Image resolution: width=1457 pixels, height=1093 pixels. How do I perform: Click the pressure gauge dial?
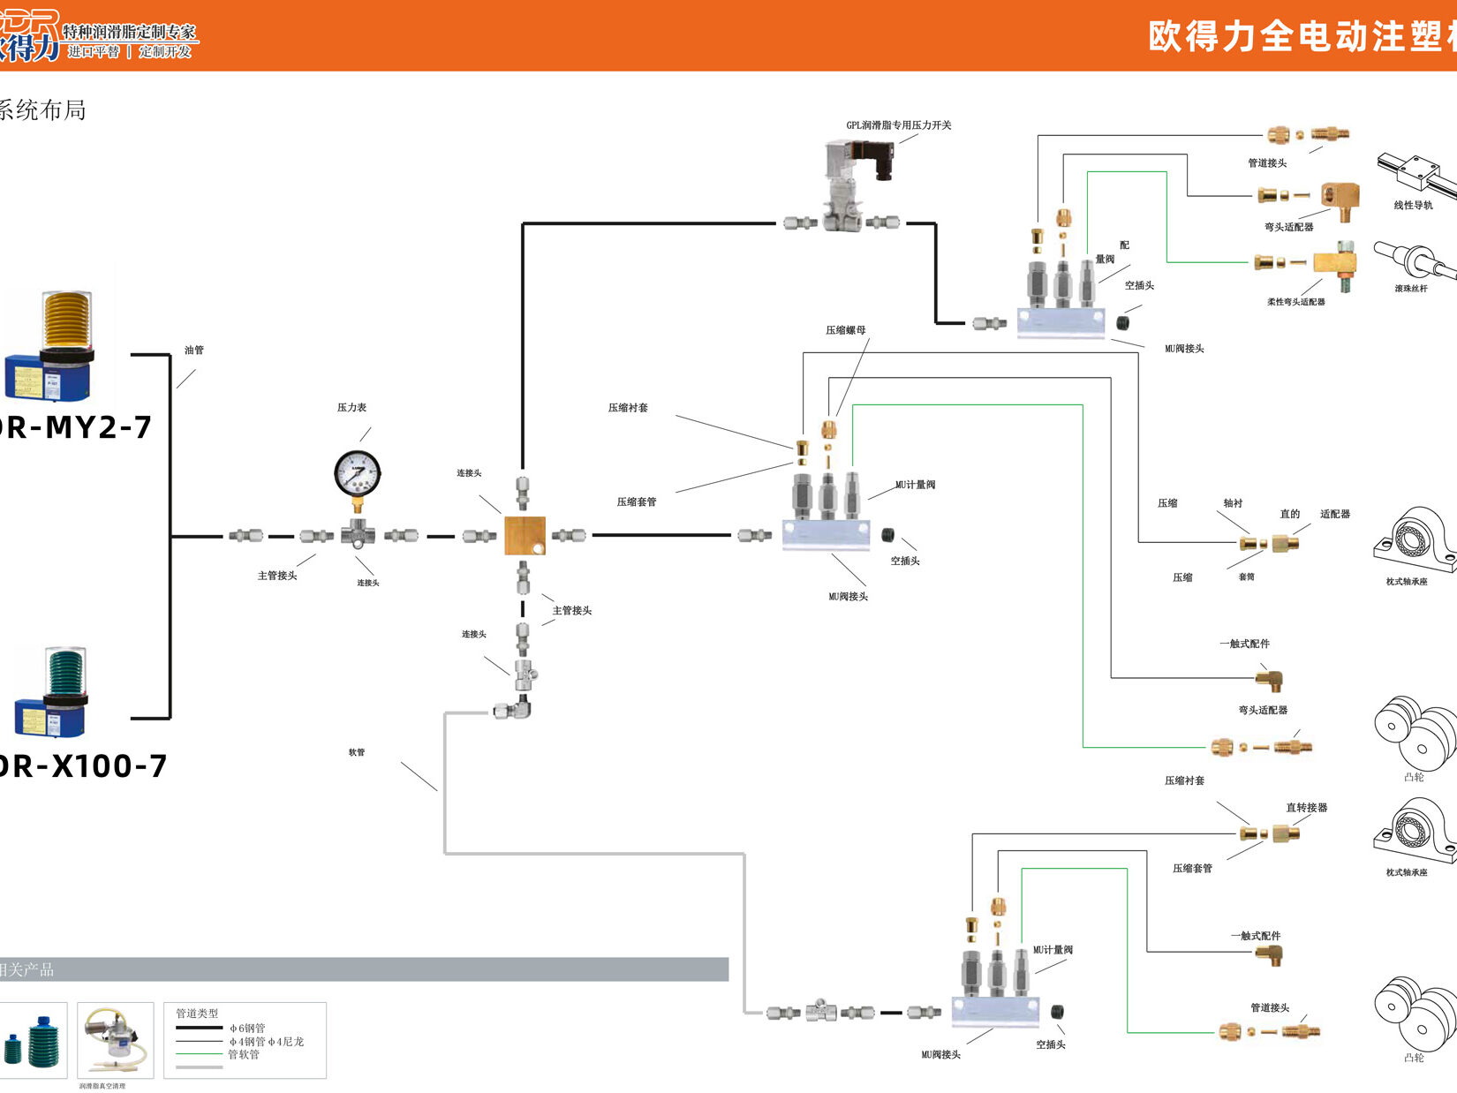(x=358, y=474)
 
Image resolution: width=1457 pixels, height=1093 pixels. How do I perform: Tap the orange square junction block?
(x=525, y=536)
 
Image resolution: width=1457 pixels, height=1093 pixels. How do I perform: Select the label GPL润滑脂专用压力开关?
(x=898, y=125)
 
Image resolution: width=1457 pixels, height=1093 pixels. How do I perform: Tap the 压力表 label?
(x=351, y=408)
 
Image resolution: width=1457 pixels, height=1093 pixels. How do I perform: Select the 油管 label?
(x=194, y=351)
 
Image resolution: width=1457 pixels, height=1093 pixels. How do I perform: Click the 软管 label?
(x=356, y=752)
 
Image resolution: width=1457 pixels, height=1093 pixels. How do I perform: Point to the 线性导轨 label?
(x=1413, y=206)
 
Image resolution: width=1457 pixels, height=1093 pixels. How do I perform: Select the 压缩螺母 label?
(x=845, y=330)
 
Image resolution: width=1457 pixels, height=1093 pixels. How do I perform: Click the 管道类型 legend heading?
(x=197, y=1014)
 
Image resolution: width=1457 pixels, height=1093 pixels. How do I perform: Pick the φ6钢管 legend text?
(x=247, y=1029)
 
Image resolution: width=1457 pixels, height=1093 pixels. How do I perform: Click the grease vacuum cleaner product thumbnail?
(x=115, y=1039)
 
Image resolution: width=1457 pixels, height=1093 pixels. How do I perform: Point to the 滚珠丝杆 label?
(x=1411, y=289)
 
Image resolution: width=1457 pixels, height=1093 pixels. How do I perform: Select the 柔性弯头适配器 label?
(x=1295, y=302)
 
